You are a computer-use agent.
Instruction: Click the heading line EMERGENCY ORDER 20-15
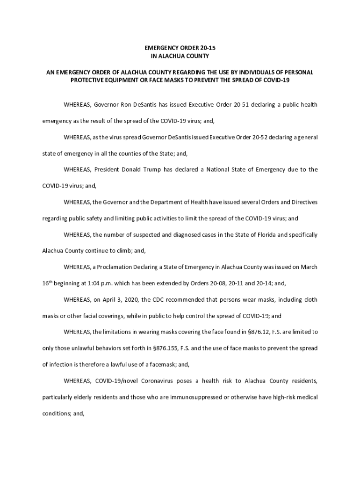click(180, 48)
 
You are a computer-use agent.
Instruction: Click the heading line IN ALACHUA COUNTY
click(180, 56)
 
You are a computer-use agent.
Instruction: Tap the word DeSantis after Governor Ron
click(144, 104)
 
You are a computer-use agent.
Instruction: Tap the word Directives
click(304, 202)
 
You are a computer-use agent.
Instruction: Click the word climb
click(124, 251)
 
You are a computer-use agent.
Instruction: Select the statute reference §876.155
click(167, 348)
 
